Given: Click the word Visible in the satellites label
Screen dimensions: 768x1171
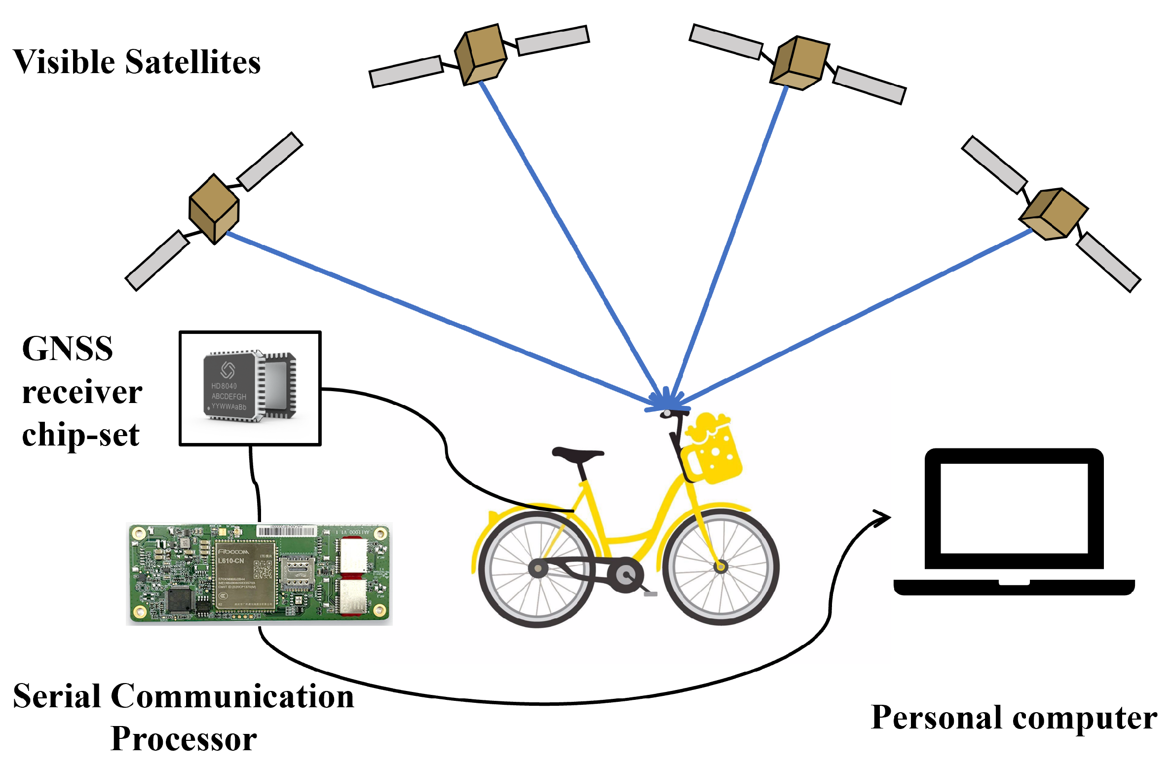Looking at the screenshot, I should [64, 62].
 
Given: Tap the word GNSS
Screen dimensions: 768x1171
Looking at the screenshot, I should [68, 349].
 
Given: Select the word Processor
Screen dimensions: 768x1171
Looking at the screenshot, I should [184, 739].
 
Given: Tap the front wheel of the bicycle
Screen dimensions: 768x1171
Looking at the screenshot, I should [720, 566].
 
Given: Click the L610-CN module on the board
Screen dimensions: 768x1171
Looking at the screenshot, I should [245, 575].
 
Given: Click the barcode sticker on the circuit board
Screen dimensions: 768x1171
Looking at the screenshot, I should [286, 531].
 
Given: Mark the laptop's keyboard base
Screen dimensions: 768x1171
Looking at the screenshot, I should [1015, 587].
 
